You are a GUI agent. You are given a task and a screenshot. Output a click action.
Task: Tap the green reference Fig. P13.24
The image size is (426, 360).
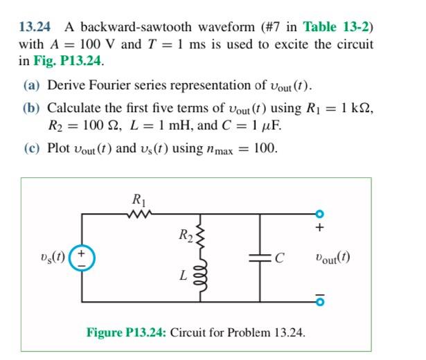(69, 60)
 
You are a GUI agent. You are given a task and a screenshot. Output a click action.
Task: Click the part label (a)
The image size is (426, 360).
(32, 86)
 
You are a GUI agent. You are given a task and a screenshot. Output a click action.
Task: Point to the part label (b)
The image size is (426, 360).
(32, 109)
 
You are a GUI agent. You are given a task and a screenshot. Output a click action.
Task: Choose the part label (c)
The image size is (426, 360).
(32, 149)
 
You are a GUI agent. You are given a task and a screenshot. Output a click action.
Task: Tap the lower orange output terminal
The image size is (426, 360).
(321, 302)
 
